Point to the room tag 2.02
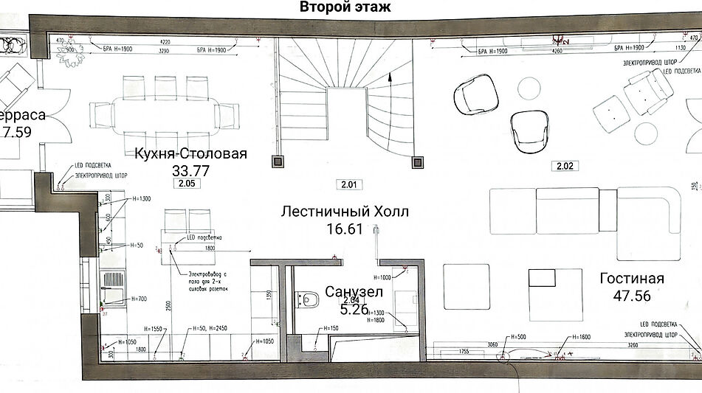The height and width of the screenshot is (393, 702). tap(564, 167)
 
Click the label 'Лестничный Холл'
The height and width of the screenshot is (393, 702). tap(344, 212)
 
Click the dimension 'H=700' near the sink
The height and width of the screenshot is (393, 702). tap(140, 299)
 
